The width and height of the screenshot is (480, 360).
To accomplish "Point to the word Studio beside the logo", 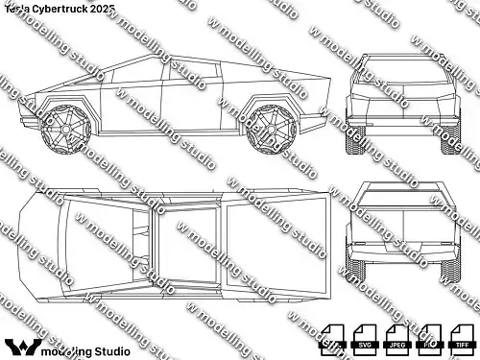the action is coord(109,348).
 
